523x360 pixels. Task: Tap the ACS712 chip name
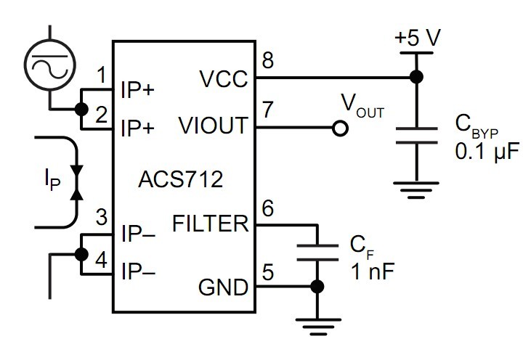(x=178, y=178)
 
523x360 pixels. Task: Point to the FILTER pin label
(x=211, y=224)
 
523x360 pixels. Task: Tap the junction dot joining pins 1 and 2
(x=79, y=110)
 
